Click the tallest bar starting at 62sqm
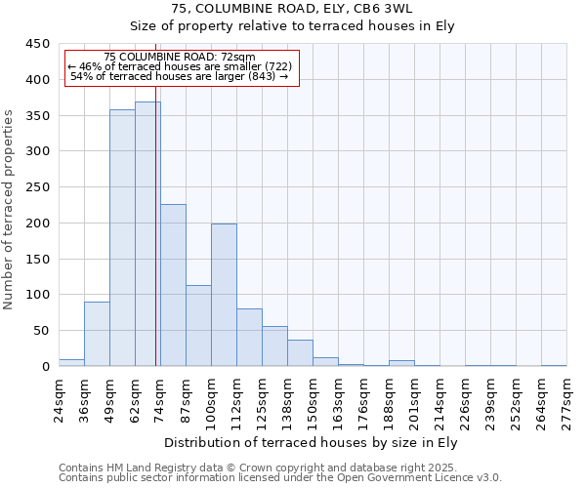147,234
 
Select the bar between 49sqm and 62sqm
122,238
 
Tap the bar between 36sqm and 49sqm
97,334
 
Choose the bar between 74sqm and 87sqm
173,285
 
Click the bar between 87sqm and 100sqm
198,326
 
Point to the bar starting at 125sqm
274,346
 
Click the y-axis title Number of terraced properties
9,210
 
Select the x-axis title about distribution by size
312,443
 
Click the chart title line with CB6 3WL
292,9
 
